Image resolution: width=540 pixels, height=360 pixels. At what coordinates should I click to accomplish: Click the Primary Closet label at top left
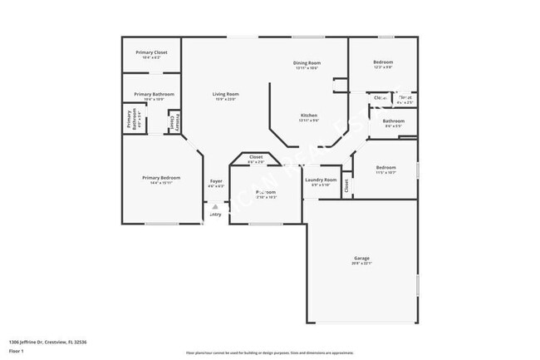[x=151, y=52]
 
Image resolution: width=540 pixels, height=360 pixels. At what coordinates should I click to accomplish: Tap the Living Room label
[x=226, y=94]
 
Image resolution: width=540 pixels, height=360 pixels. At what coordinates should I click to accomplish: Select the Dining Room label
[x=306, y=62]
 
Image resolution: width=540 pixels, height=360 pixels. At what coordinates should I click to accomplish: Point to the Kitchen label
[x=308, y=115]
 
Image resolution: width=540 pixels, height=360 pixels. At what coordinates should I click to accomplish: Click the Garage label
[x=361, y=259]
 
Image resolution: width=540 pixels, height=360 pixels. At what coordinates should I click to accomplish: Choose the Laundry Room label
[x=321, y=180]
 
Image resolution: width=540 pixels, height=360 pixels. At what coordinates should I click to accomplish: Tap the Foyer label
[x=216, y=180]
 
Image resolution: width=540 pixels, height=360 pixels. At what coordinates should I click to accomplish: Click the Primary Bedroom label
[x=160, y=177]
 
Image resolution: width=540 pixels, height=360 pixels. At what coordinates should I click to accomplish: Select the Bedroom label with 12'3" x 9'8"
[x=383, y=62]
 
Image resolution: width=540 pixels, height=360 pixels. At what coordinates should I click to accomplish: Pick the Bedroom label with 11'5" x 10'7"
[x=385, y=167]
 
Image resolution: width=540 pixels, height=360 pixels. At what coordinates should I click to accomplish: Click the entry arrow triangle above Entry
[x=215, y=206]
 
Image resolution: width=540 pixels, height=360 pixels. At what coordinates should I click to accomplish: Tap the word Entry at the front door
[x=215, y=215]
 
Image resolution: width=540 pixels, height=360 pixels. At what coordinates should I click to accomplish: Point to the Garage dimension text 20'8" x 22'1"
[x=361, y=264]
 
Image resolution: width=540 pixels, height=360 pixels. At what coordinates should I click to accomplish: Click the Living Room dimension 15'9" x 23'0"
[x=226, y=100]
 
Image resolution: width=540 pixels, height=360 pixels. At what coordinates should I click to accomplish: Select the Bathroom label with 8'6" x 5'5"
[x=393, y=121]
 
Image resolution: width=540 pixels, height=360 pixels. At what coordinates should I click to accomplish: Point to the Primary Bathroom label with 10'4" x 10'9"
[x=149, y=94]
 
